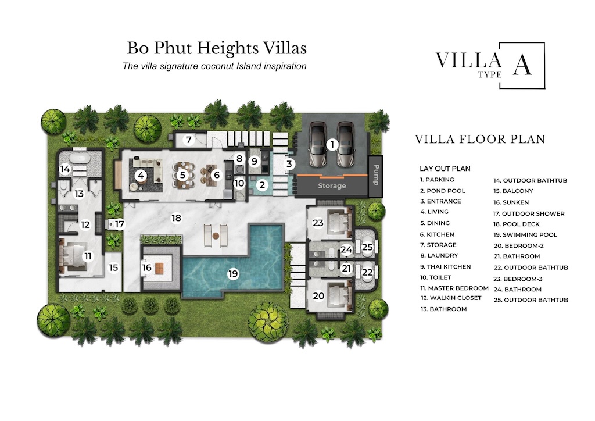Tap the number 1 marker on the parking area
click(332, 144)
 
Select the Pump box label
click(375, 174)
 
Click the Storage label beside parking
click(332, 186)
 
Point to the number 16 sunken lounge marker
click(147, 267)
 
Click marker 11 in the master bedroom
click(88, 256)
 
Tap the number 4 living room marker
click(140, 174)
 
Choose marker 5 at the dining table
click(182, 174)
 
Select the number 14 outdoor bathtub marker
click(65, 169)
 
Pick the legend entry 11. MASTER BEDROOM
click(454, 288)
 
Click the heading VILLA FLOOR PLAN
click(480, 140)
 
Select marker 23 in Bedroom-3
click(318, 223)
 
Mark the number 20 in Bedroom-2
click(318, 295)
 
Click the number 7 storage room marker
click(188, 140)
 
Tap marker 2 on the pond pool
click(262, 185)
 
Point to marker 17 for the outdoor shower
click(119, 224)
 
